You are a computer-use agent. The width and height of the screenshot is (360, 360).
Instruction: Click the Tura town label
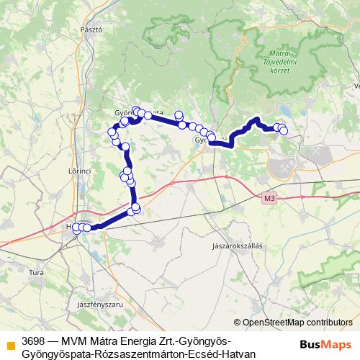pos(35,273)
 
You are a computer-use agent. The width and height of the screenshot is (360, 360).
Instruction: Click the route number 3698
pos(35,341)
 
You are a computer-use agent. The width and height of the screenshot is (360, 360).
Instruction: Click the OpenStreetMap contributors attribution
pos(293,323)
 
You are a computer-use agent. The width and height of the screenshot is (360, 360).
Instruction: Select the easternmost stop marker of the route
pos(284,130)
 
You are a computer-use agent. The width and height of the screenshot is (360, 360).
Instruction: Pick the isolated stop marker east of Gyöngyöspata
pos(179,115)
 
